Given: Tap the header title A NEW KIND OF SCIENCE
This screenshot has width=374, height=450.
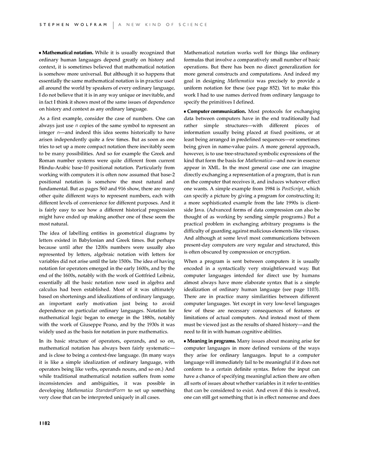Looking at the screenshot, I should (163, 24).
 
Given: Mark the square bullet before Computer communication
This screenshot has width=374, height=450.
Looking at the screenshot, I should (186, 112).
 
